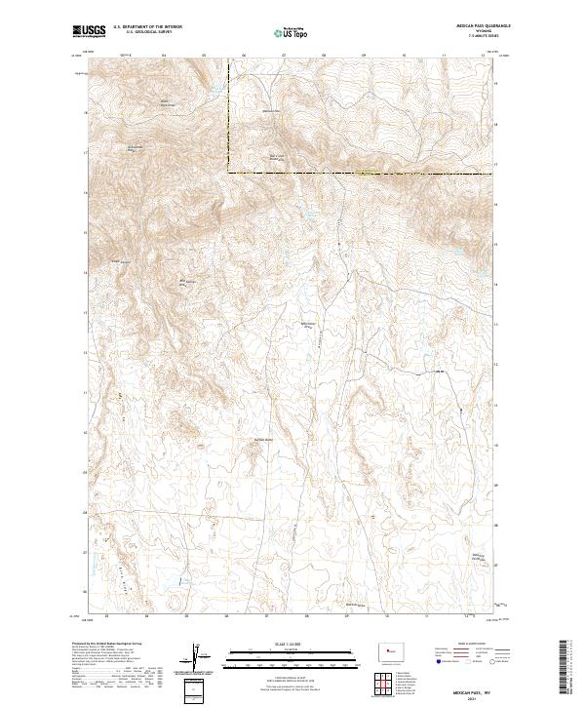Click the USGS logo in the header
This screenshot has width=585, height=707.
coord(88,32)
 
